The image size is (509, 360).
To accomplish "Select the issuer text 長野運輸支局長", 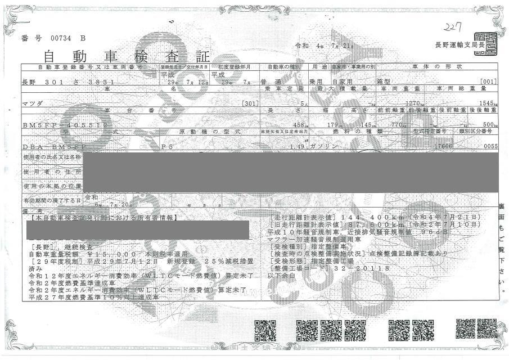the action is pyautogui.click(x=454, y=44).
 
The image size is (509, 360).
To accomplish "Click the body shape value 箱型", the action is pyautogui.click(x=388, y=82).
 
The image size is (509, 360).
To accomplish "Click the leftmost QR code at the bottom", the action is pyautogui.click(x=264, y=331).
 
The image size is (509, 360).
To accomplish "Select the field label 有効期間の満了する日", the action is pyautogui.click(x=52, y=200).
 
